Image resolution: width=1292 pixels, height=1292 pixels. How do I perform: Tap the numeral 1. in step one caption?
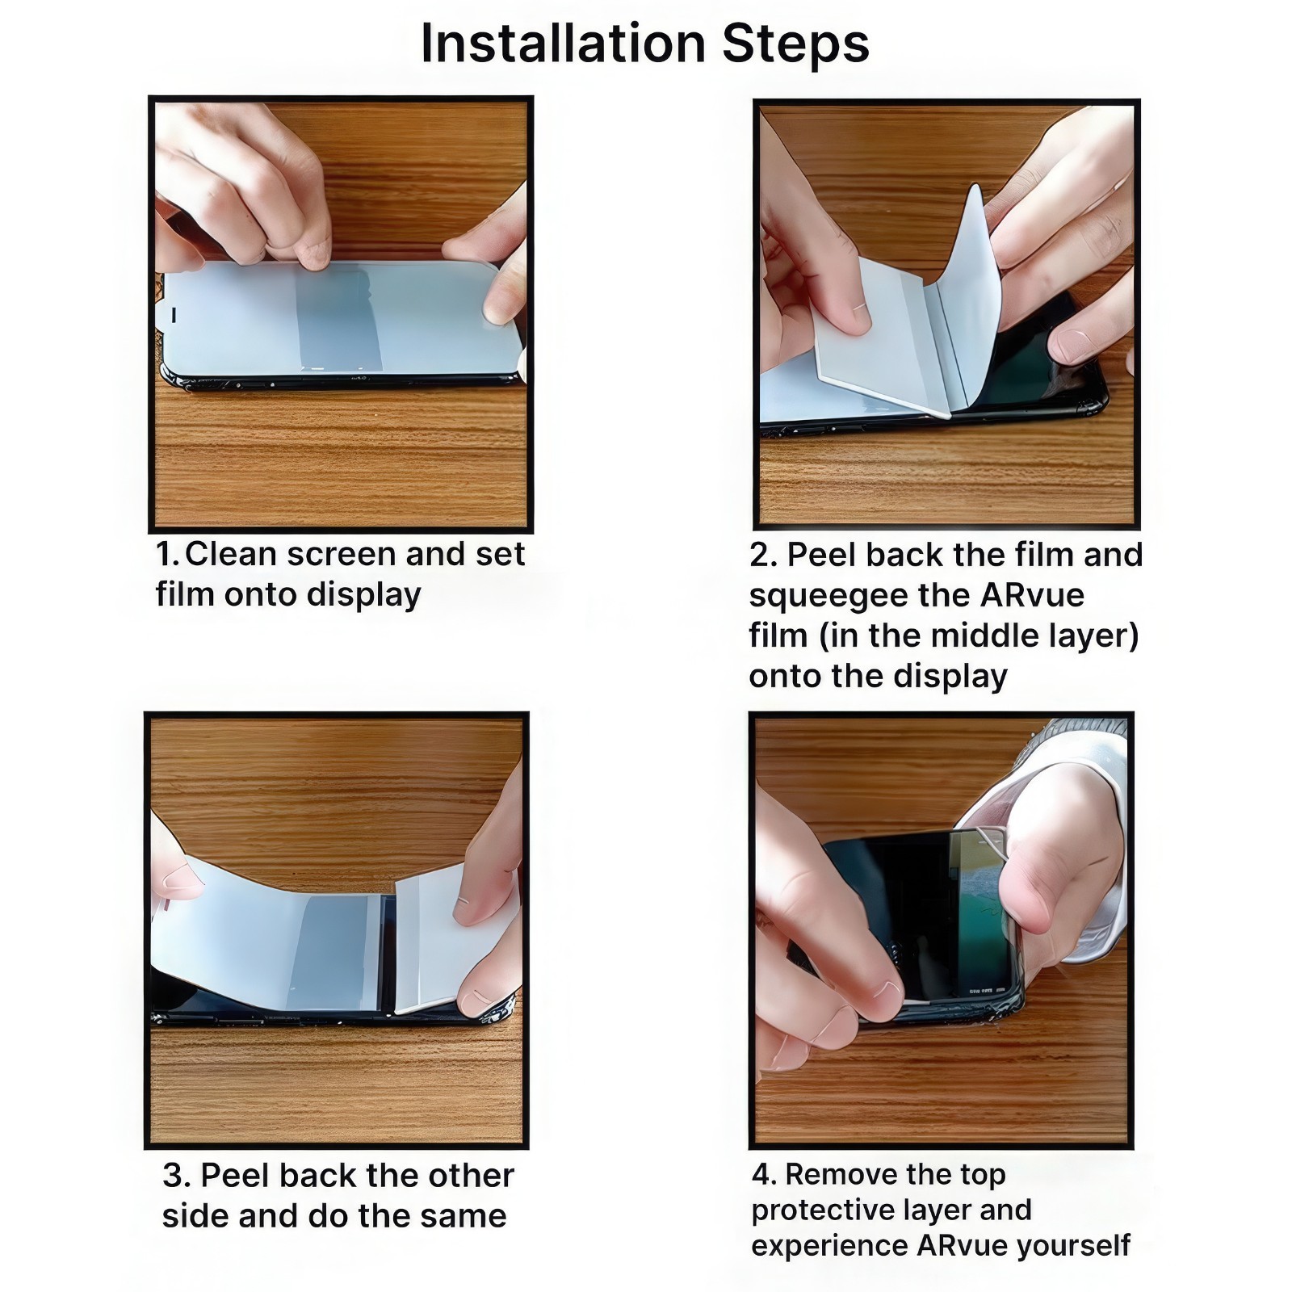coord(167,555)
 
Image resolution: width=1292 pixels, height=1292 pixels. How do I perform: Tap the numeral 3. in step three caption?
coord(176,1176)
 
